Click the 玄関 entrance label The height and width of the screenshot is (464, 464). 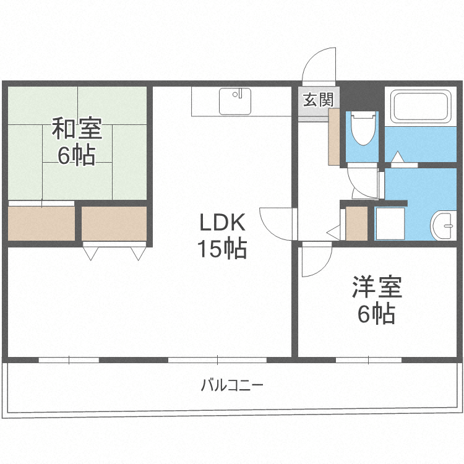[x=318, y=100]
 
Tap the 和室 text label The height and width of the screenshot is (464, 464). [x=77, y=129]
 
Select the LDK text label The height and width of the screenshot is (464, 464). [x=223, y=222]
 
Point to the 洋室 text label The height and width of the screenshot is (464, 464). [x=377, y=287]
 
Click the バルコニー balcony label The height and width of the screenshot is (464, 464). [x=232, y=385]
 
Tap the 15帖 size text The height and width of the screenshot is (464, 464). [x=222, y=249]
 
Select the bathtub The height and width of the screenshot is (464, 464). [x=421, y=106]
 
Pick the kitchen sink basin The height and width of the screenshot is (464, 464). [x=235, y=101]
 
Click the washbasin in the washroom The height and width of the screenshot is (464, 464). [x=442, y=226]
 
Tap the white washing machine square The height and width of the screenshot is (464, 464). [x=390, y=223]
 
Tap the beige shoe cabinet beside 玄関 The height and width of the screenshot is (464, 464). [x=334, y=137]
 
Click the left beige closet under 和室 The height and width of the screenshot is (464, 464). [x=41, y=223]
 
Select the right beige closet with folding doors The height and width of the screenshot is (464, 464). [x=114, y=223]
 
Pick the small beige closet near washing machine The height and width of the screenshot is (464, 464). [x=356, y=223]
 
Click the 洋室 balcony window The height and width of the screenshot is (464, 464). [x=369, y=360]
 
